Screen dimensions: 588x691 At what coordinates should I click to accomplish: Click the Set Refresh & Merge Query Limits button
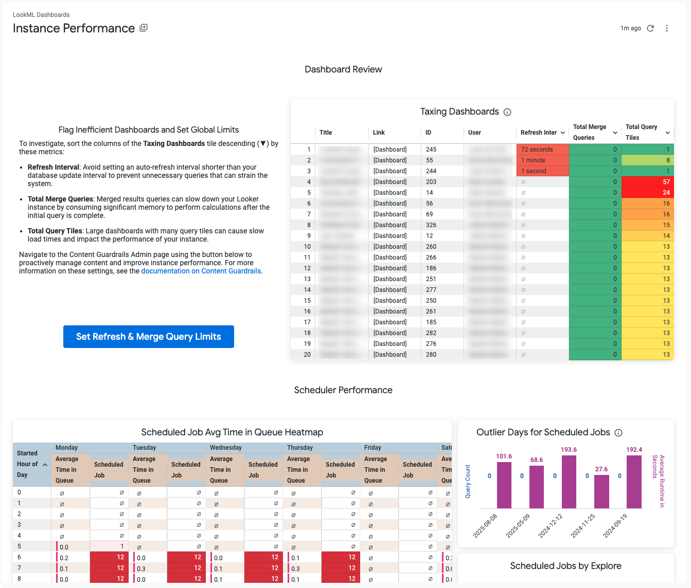point(148,337)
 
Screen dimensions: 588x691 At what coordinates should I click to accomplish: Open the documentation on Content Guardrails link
point(201,271)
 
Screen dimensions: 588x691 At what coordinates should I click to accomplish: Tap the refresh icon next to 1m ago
point(650,28)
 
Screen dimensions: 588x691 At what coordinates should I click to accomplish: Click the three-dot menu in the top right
point(667,28)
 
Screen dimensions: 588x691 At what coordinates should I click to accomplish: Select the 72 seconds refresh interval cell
point(542,150)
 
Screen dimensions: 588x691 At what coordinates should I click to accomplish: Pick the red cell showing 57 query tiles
point(647,182)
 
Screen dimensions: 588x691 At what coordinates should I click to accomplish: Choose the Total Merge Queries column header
point(590,132)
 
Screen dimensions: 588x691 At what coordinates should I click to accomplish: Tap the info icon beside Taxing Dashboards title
point(507,112)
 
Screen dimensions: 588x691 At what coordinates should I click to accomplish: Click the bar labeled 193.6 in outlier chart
point(569,482)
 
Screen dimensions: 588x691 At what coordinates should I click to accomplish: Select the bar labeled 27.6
point(601,491)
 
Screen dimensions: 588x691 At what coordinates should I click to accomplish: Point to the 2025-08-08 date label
point(485,525)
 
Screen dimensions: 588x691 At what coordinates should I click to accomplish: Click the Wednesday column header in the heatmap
point(226,448)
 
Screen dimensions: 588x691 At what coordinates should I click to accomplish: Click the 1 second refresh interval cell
point(542,171)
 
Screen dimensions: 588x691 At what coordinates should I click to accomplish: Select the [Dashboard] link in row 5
point(390,193)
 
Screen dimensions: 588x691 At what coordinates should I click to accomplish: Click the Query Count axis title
point(468,482)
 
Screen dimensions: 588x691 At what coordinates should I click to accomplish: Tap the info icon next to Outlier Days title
point(619,433)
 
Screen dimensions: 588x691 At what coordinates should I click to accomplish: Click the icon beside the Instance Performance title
point(144,28)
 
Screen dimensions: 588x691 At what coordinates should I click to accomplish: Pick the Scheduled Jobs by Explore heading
point(565,566)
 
